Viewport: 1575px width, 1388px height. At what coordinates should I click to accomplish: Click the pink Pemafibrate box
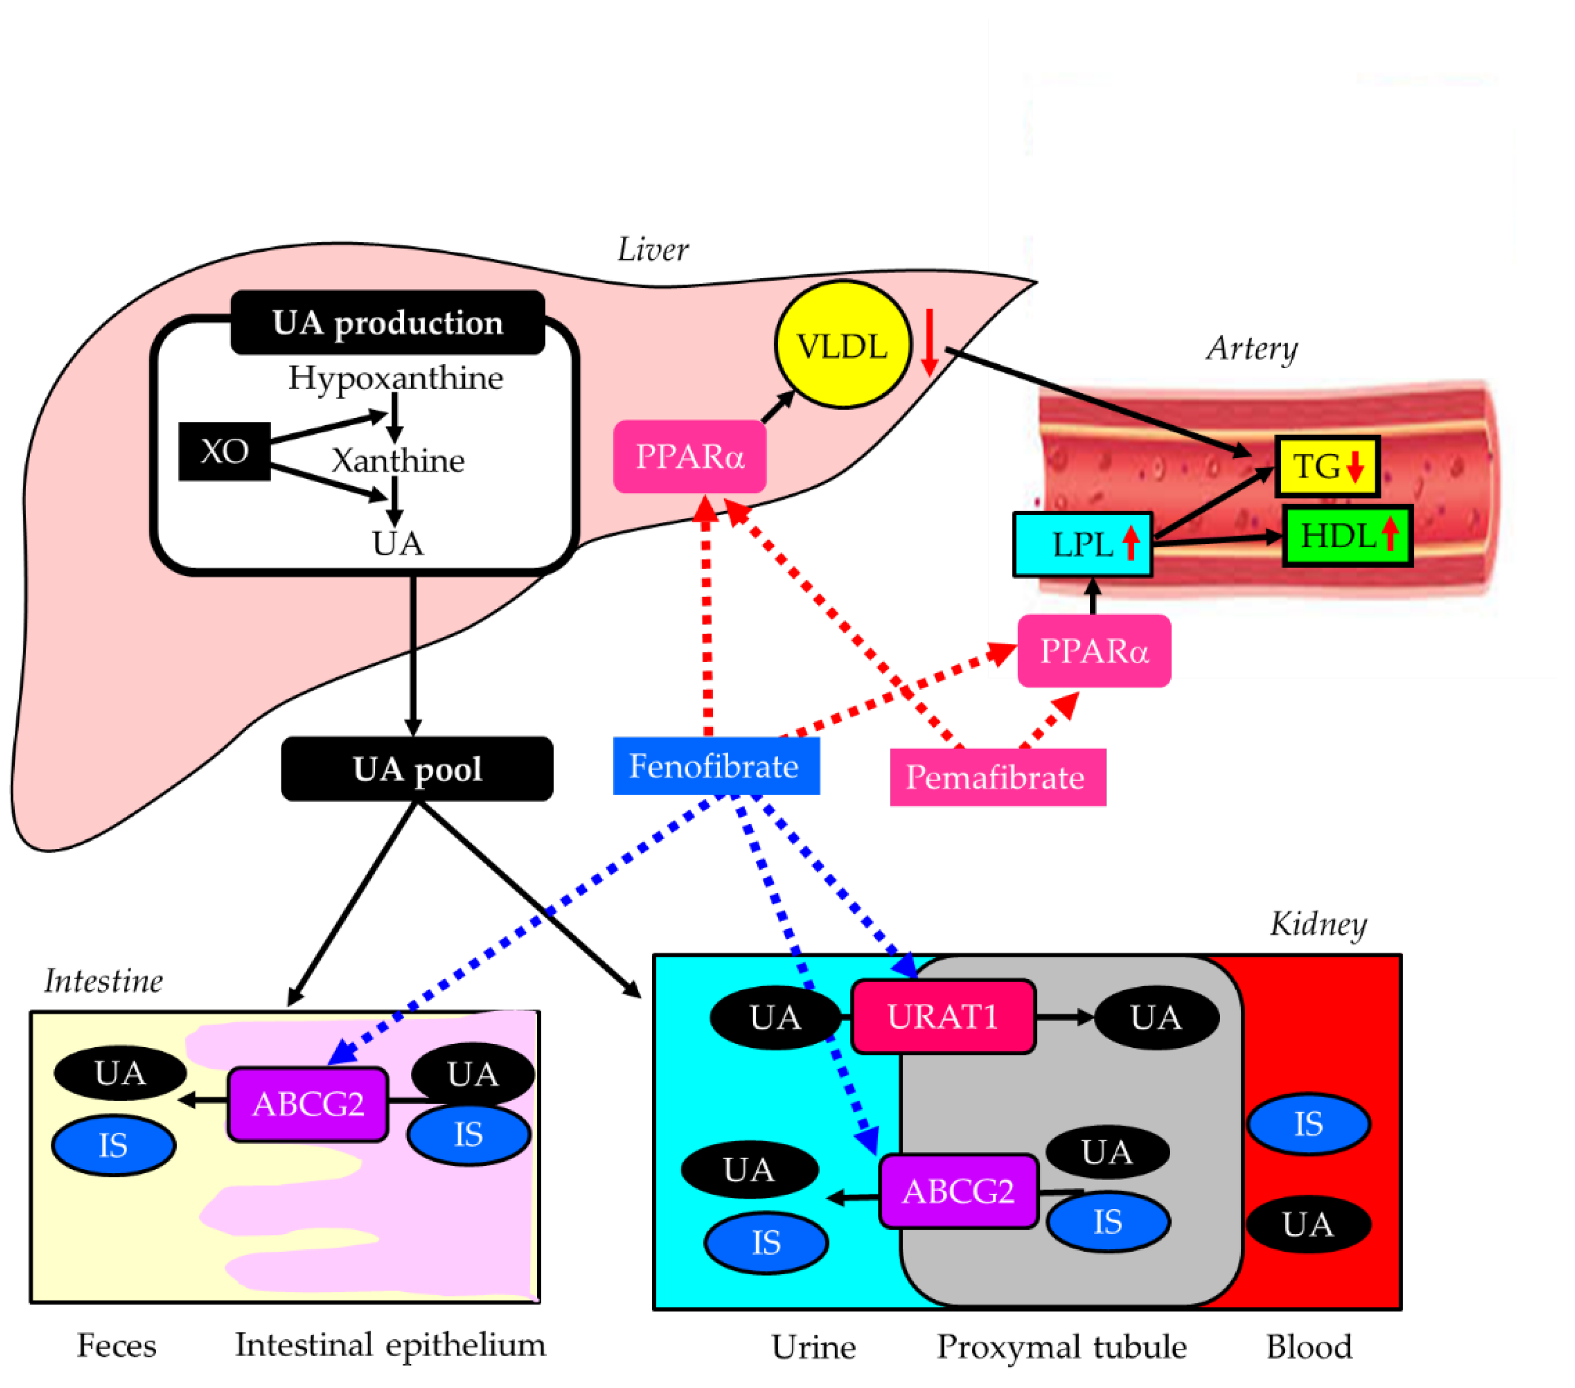[997, 777]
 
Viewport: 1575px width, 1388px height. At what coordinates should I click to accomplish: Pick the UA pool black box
[417, 769]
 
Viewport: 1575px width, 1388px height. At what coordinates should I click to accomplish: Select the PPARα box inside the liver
[690, 456]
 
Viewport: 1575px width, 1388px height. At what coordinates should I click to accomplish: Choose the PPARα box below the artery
[1093, 651]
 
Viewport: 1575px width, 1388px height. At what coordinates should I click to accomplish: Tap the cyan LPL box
[1082, 544]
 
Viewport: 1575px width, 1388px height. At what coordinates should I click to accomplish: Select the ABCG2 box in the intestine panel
[308, 1104]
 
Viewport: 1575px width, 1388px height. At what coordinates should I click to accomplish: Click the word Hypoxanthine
[395, 377]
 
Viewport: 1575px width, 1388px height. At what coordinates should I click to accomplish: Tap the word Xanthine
[398, 461]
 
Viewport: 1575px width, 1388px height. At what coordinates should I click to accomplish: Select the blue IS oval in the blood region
[1309, 1124]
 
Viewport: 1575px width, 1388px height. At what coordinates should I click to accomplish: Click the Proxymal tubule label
[1061, 1346]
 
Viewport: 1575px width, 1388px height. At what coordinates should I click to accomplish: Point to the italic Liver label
[652, 250]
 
